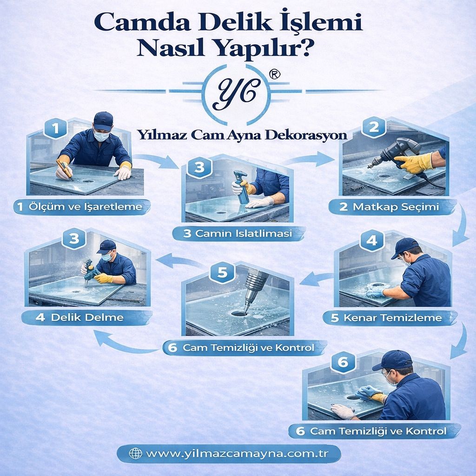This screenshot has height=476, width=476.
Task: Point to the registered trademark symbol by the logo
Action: pos(275,75)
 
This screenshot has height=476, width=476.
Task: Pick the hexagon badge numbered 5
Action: pos(222,273)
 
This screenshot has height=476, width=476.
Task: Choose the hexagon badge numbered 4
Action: pos(371,240)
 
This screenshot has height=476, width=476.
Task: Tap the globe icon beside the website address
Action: pos(135,453)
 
